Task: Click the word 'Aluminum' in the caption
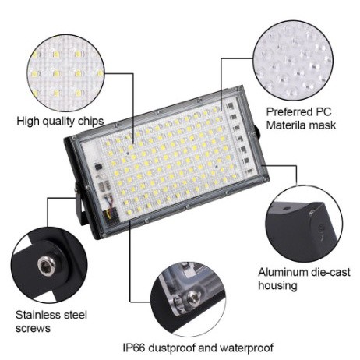(x=283, y=272)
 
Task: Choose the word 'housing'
(x=277, y=285)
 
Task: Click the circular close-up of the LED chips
(x=66, y=73)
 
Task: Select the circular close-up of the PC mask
(x=293, y=61)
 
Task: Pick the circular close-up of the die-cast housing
(x=304, y=224)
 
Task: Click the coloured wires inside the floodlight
(x=109, y=200)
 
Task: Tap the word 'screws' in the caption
(x=33, y=328)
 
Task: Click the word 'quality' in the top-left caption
(x=58, y=122)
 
